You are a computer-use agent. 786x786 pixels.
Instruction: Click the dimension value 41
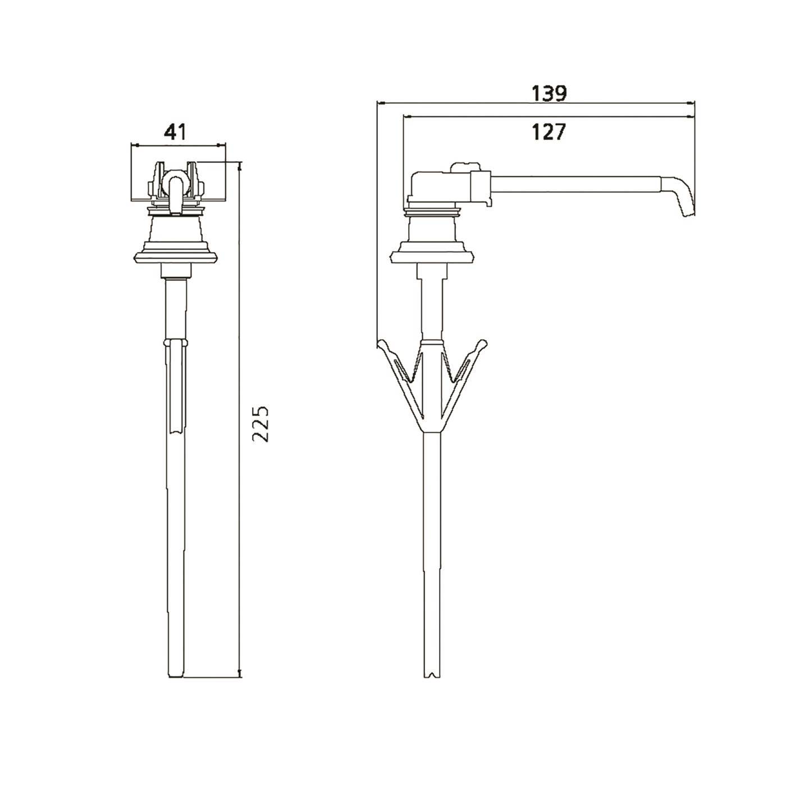tap(175, 132)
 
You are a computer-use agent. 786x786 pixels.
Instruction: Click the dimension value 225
tap(260, 423)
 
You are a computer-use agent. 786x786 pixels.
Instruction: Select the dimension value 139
tap(550, 94)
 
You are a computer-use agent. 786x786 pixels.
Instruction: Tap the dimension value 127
tap(549, 132)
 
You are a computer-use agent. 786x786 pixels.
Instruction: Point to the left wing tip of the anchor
tap(381, 344)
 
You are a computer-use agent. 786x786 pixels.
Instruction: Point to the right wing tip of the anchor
tap(483, 344)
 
